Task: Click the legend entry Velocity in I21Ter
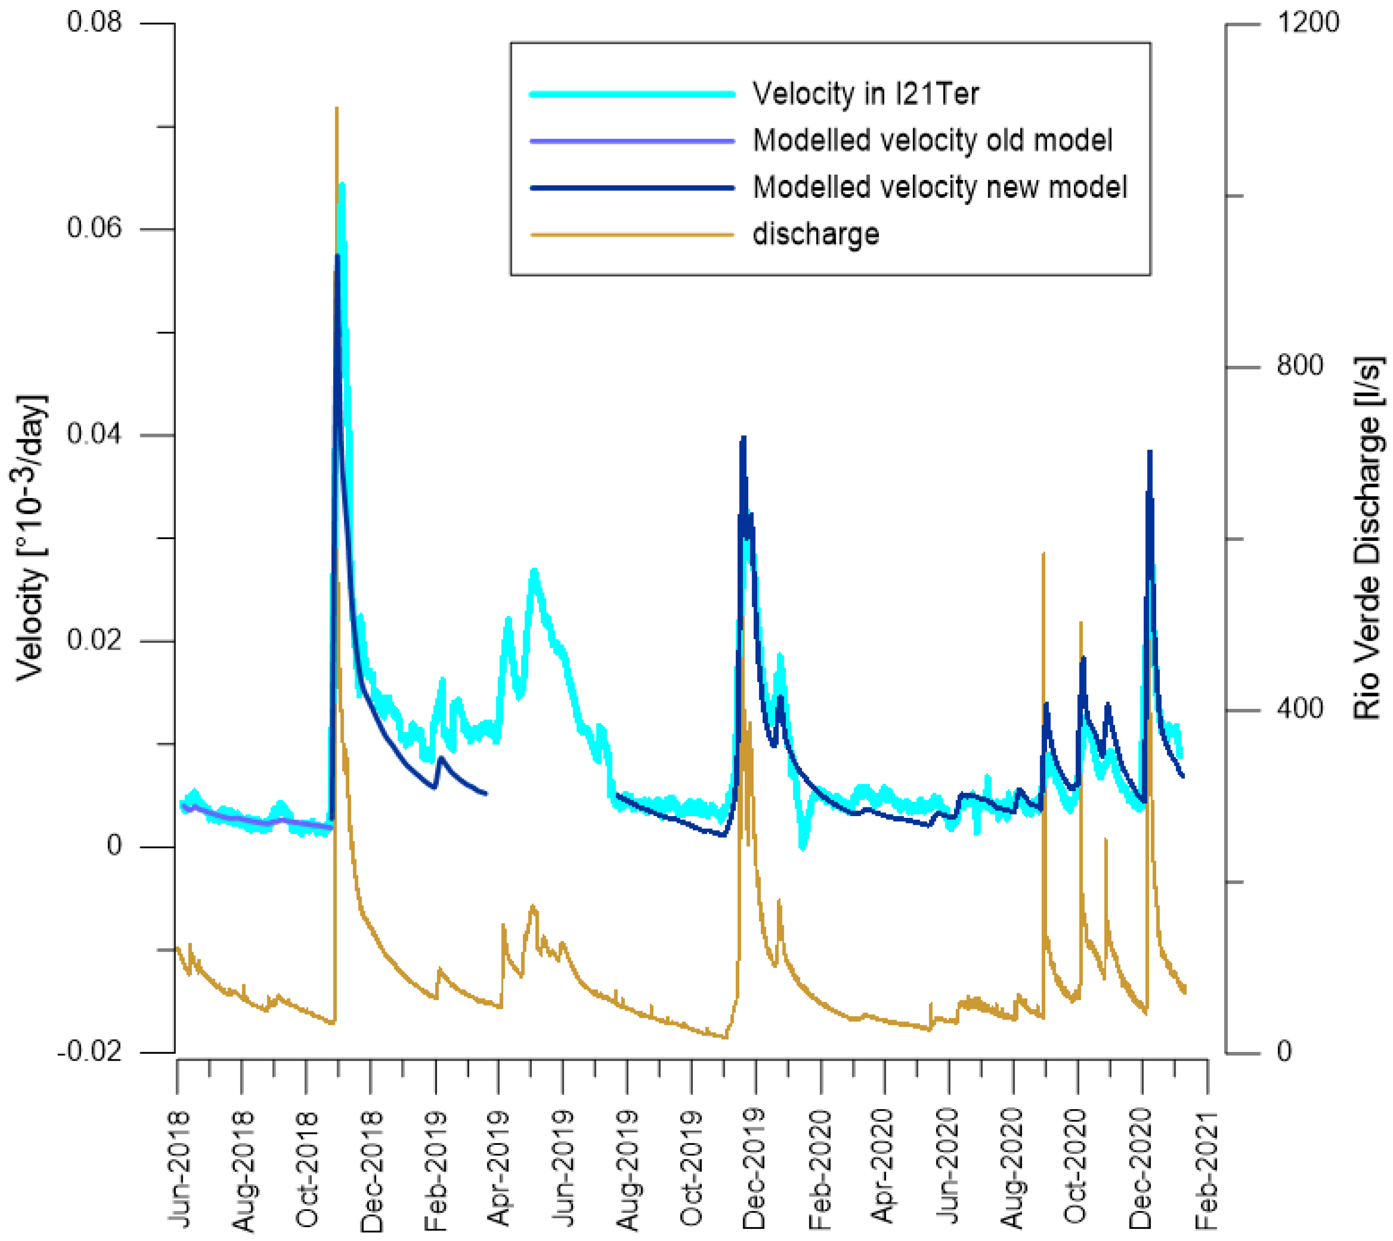[865, 93]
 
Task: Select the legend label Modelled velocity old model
[932, 141]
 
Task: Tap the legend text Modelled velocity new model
[939, 187]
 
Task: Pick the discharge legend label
[815, 234]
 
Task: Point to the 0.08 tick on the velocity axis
[94, 23]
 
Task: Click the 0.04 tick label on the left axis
[94, 434]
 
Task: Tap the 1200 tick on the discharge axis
[1308, 23]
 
